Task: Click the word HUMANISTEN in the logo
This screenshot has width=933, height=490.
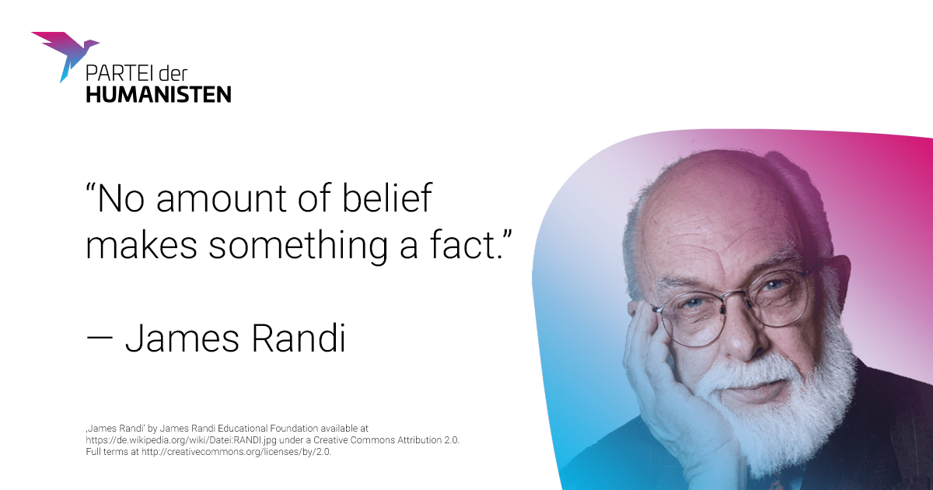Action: (x=159, y=95)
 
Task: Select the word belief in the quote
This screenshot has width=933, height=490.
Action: (x=387, y=198)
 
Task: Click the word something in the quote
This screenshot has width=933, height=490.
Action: (x=298, y=247)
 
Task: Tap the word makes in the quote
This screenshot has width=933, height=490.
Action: (x=142, y=246)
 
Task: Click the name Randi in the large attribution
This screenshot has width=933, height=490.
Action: (x=299, y=338)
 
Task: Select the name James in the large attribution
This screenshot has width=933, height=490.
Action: (x=183, y=338)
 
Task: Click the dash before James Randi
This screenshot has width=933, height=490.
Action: (x=100, y=339)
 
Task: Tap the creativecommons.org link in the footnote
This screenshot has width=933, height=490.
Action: (x=236, y=452)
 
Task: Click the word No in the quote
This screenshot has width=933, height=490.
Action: (x=121, y=199)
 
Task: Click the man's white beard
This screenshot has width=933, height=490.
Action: (x=774, y=408)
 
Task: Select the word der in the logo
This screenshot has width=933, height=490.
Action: (x=173, y=73)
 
